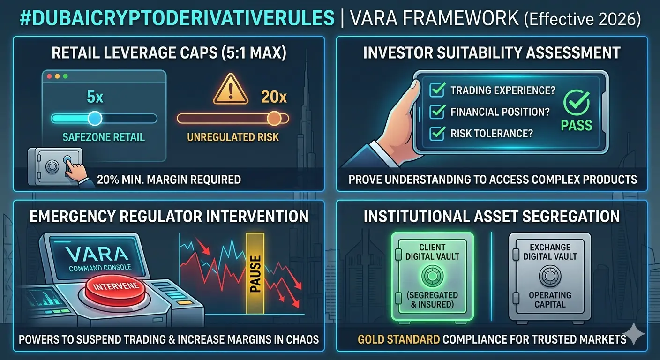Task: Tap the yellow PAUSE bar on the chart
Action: (x=255, y=273)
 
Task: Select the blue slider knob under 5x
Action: (x=95, y=119)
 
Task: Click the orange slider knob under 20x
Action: (x=274, y=119)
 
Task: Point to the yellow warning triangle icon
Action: (x=231, y=89)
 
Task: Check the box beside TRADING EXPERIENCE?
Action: (x=437, y=90)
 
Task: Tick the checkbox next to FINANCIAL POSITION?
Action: (x=437, y=112)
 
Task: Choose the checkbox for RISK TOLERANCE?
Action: (x=437, y=133)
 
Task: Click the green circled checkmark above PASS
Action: (x=576, y=103)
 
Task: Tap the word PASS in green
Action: (x=576, y=126)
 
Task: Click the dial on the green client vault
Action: (x=432, y=276)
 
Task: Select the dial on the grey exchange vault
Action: (x=550, y=276)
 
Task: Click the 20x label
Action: (x=274, y=97)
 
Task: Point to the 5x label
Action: (x=95, y=97)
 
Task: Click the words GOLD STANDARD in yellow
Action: (x=398, y=339)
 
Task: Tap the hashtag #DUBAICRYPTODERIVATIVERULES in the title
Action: (x=177, y=18)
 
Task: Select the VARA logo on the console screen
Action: (x=97, y=254)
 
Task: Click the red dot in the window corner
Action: (x=49, y=76)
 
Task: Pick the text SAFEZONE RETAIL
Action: (x=104, y=137)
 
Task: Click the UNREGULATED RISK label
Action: (x=233, y=137)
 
